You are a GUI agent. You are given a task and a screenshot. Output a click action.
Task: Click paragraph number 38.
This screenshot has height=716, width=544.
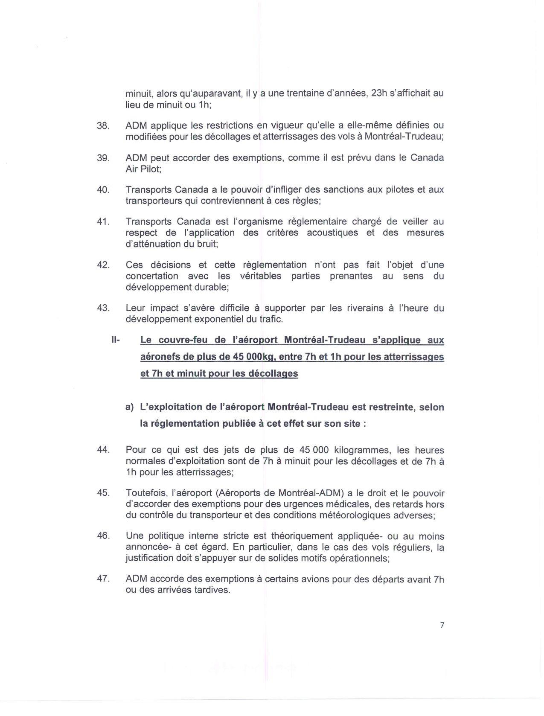[x=104, y=126]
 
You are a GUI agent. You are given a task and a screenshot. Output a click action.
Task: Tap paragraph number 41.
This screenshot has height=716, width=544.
[x=104, y=222]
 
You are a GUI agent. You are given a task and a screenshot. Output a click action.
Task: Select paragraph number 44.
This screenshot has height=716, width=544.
[x=104, y=450]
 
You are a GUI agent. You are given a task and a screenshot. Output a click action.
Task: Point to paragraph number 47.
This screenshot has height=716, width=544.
[x=104, y=579]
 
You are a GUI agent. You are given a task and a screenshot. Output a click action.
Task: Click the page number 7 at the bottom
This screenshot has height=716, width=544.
[x=442, y=625]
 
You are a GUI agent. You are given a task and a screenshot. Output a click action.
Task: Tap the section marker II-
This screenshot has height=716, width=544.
[x=116, y=341]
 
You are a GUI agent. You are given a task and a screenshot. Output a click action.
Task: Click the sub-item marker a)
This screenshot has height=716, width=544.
[x=130, y=407]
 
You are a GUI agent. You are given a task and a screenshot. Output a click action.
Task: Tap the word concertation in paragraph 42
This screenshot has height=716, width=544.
[x=152, y=276]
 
